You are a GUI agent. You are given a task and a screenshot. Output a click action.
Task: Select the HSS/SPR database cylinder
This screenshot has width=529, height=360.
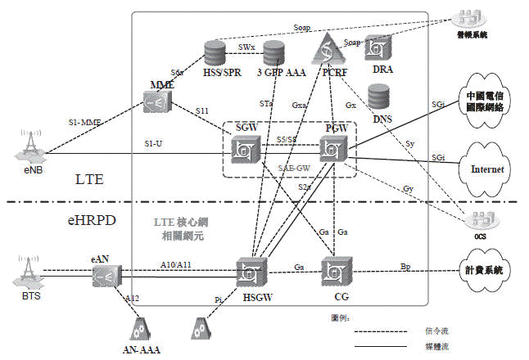tap(215, 54)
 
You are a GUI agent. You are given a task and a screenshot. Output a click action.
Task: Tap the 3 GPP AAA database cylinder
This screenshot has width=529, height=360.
tap(274, 54)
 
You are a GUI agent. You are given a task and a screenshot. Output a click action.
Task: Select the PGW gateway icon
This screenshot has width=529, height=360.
tap(333, 150)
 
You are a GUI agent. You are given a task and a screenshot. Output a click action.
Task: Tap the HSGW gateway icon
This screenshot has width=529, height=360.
tap(249, 272)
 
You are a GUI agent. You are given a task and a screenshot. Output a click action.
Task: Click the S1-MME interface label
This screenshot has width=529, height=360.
tap(85, 123)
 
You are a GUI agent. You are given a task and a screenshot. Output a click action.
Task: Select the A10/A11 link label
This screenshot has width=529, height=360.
tap(176, 264)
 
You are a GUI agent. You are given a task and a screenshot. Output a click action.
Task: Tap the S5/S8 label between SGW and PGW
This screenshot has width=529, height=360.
tap(287, 140)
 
